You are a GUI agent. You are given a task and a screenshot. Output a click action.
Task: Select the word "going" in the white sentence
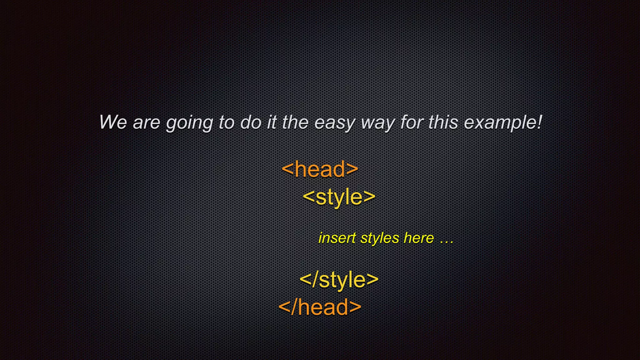(189, 123)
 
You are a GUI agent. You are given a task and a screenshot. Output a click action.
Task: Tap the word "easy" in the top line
(334, 123)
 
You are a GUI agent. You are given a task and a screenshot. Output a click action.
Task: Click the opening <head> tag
(320, 169)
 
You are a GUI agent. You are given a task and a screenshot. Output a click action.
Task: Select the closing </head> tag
(320, 307)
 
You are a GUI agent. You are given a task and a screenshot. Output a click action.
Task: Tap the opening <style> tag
(339, 197)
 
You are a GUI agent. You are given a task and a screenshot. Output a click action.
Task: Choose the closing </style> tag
(339, 279)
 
